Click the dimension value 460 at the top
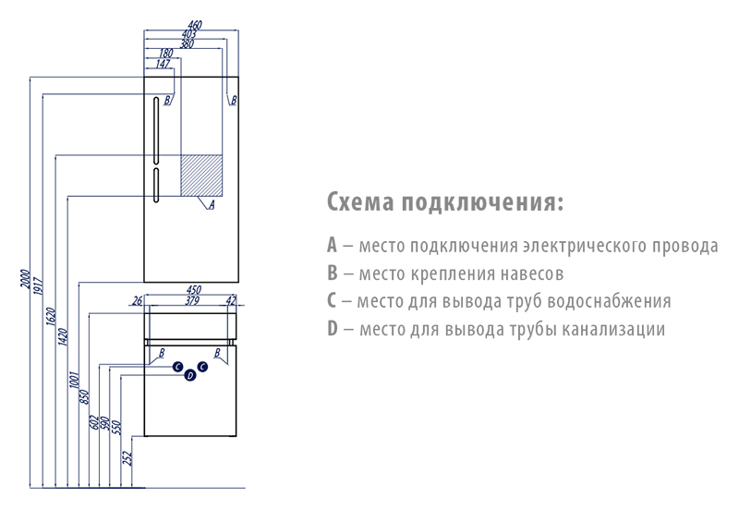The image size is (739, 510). coord(195,25)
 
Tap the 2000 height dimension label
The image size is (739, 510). coord(25,279)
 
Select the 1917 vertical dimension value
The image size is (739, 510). coord(38,286)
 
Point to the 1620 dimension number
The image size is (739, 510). coord(51,317)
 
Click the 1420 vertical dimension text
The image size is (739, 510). coord(63,337)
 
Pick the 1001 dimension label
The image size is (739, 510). coord(75,380)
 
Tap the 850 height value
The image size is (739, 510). coord(84,397)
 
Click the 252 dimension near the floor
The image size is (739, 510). coord(127,458)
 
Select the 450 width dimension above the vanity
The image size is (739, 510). coord(194,290)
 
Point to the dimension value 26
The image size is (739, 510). coord(137,300)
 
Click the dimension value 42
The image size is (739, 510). coord(230,300)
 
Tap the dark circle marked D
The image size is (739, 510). coord(190,375)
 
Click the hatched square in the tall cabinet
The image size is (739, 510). coord(201,175)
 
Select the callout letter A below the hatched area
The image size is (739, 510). coord(212,204)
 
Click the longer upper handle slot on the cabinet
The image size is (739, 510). coord(156,130)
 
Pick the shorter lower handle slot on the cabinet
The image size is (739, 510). coord(156,185)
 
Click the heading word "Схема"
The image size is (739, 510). coord(360,202)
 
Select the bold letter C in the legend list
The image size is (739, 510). coord(332,300)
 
